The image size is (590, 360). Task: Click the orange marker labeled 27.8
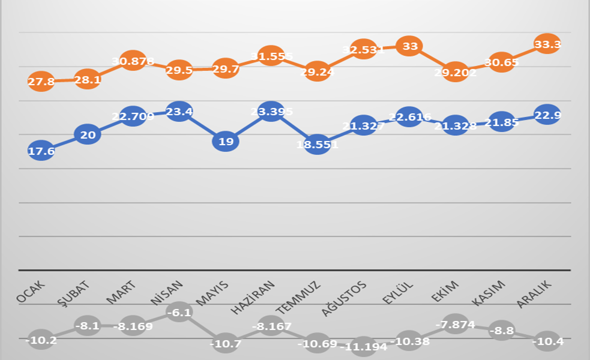pos(41,82)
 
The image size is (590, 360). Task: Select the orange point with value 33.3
pos(547,44)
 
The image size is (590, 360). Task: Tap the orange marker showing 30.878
pos(133,61)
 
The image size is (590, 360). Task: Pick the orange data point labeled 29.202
pos(455,72)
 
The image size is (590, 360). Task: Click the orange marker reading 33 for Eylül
pos(410,46)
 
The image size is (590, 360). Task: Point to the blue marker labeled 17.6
pos(41,151)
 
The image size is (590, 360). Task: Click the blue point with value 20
pos(88,134)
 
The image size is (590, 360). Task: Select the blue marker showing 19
pos(226,142)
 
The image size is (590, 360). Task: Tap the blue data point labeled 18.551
pos(318,145)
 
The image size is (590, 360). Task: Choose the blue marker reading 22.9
pos(547,115)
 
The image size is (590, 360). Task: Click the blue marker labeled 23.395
pos(271,112)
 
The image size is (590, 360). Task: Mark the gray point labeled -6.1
pos(179,312)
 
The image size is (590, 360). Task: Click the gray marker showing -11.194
pos(364,347)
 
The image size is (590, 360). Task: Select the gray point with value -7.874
pos(455,325)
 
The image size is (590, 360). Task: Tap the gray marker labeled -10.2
pos(41,340)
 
